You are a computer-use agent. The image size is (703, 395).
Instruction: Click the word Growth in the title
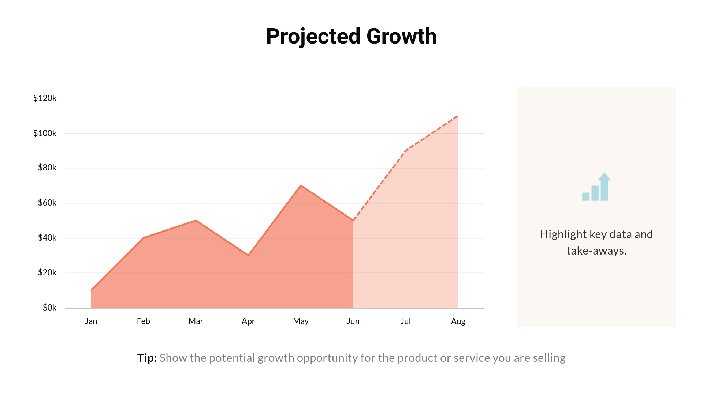[x=401, y=36]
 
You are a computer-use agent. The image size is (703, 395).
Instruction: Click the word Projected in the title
[x=313, y=36]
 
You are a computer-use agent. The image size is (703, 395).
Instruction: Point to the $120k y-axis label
[x=45, y=98]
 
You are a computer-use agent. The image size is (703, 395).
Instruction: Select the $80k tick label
[x=47, y=168]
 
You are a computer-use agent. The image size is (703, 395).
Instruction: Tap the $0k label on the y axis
[x=49, y=308]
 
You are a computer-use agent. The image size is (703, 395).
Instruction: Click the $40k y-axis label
[x=47, y=238]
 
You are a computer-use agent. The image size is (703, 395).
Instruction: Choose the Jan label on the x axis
[x=91, y=321]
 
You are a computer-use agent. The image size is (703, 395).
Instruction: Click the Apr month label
[x=248, y=321]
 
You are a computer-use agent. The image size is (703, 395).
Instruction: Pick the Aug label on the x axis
[x=458, y=321]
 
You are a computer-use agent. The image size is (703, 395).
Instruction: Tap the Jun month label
[x=353, y=321]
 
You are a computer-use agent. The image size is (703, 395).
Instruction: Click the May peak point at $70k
[x=301, y=185]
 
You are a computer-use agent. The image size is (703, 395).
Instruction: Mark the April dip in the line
[x=248, y=255]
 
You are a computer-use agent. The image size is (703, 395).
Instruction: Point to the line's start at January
[x=91, y=290]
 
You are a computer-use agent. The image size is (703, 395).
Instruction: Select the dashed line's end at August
[x=458, y=116]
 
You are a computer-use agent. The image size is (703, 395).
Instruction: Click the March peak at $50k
[x=196, y=220]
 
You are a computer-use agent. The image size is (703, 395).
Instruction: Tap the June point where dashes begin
[x=353, y=221]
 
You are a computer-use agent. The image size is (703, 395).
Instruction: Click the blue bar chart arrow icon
[x=596, y=187]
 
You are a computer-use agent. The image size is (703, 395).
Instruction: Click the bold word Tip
[x=147, y=358]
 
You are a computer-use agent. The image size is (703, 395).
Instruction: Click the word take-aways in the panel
[x=596, y=251]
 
